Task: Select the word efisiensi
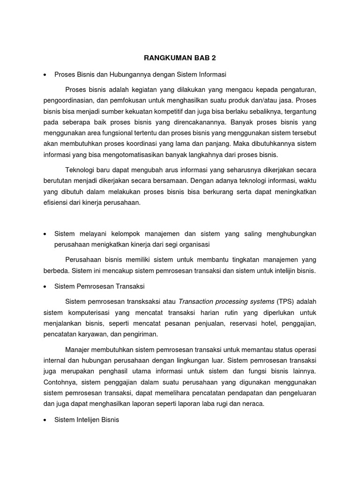(55, 202)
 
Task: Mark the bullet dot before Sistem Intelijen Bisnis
(44, 420)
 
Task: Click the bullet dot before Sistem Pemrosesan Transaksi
(44, 286)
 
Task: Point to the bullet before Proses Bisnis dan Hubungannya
(44, 75)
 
